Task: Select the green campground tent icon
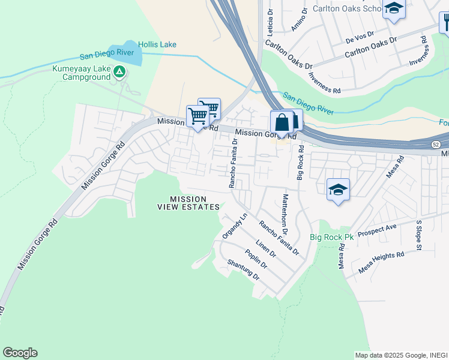point(120,73)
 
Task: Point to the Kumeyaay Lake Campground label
point(82,73)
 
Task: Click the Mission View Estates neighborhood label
point(188,203)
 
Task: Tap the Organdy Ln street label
point(235,226)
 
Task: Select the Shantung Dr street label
point(243,270)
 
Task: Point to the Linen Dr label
point(265,248)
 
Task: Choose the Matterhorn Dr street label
point(285,214)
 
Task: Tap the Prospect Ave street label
point(377,231)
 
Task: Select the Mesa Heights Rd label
point(382,262)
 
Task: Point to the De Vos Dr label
point(360,38)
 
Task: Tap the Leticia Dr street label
point(270,21)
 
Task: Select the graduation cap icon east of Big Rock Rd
point(339,190)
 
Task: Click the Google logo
point(20,353)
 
